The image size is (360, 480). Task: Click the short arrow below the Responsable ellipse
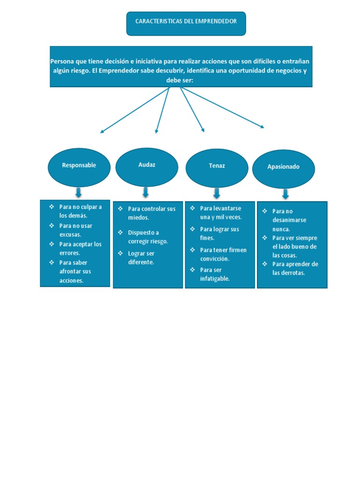pyautogui.click(x=78, y=192)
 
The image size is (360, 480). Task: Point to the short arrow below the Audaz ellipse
pyautogui.click(x=146, y=192)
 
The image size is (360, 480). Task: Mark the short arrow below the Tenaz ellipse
pyautogui.click(x=217, y=193)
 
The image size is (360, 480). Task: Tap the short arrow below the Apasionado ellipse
pyautogui.click(x=285, y=194)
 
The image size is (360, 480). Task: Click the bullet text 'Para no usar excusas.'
pyautogui.click(x=75, y=230)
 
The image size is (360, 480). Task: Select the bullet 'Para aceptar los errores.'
pyautogui.click(x=80, y=248)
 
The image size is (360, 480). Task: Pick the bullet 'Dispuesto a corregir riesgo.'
pyautogui.click(x=148, y=237)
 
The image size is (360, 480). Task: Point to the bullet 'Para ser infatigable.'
pyautogui.click(x=214, y=274)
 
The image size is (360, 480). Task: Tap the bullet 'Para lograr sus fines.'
pyautogui.click(x=219, y=233)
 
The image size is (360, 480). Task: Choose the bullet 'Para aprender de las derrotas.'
pyautogui.click(x=295, y=268)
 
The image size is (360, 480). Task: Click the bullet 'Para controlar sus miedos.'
pyautogui.click(x=151, y=213)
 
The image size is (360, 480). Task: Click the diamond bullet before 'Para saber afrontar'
pyautogui.click(x=52, y=262)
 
